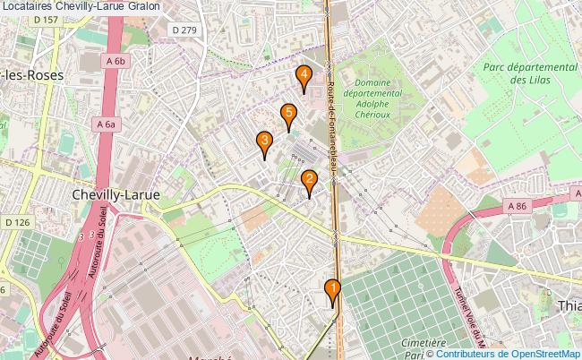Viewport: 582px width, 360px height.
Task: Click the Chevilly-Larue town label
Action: (x=116, y=194)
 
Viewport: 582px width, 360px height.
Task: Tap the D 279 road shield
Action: (x=183, y=30)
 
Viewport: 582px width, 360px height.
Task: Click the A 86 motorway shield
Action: (x=517, y=206)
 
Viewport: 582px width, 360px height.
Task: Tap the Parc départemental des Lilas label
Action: (x=528, y=73)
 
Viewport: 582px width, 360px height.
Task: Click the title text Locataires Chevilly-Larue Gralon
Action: (x=81, y=6)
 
